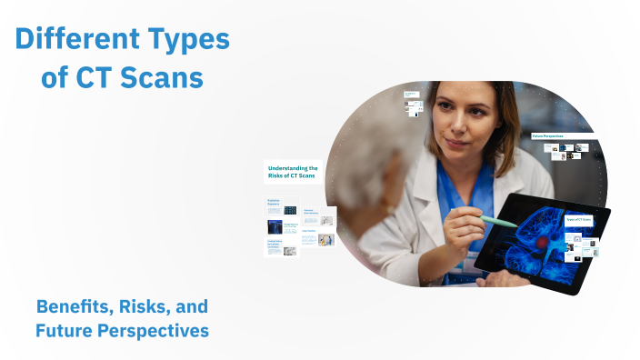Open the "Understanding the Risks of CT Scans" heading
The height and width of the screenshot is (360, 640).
coord(293,173)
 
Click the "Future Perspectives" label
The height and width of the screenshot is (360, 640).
coord(551,136)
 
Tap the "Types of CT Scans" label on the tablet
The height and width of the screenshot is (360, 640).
coord(578,220)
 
